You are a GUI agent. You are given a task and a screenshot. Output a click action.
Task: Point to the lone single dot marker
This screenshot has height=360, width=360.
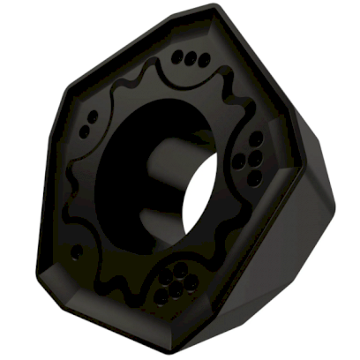(x=77, y=251)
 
